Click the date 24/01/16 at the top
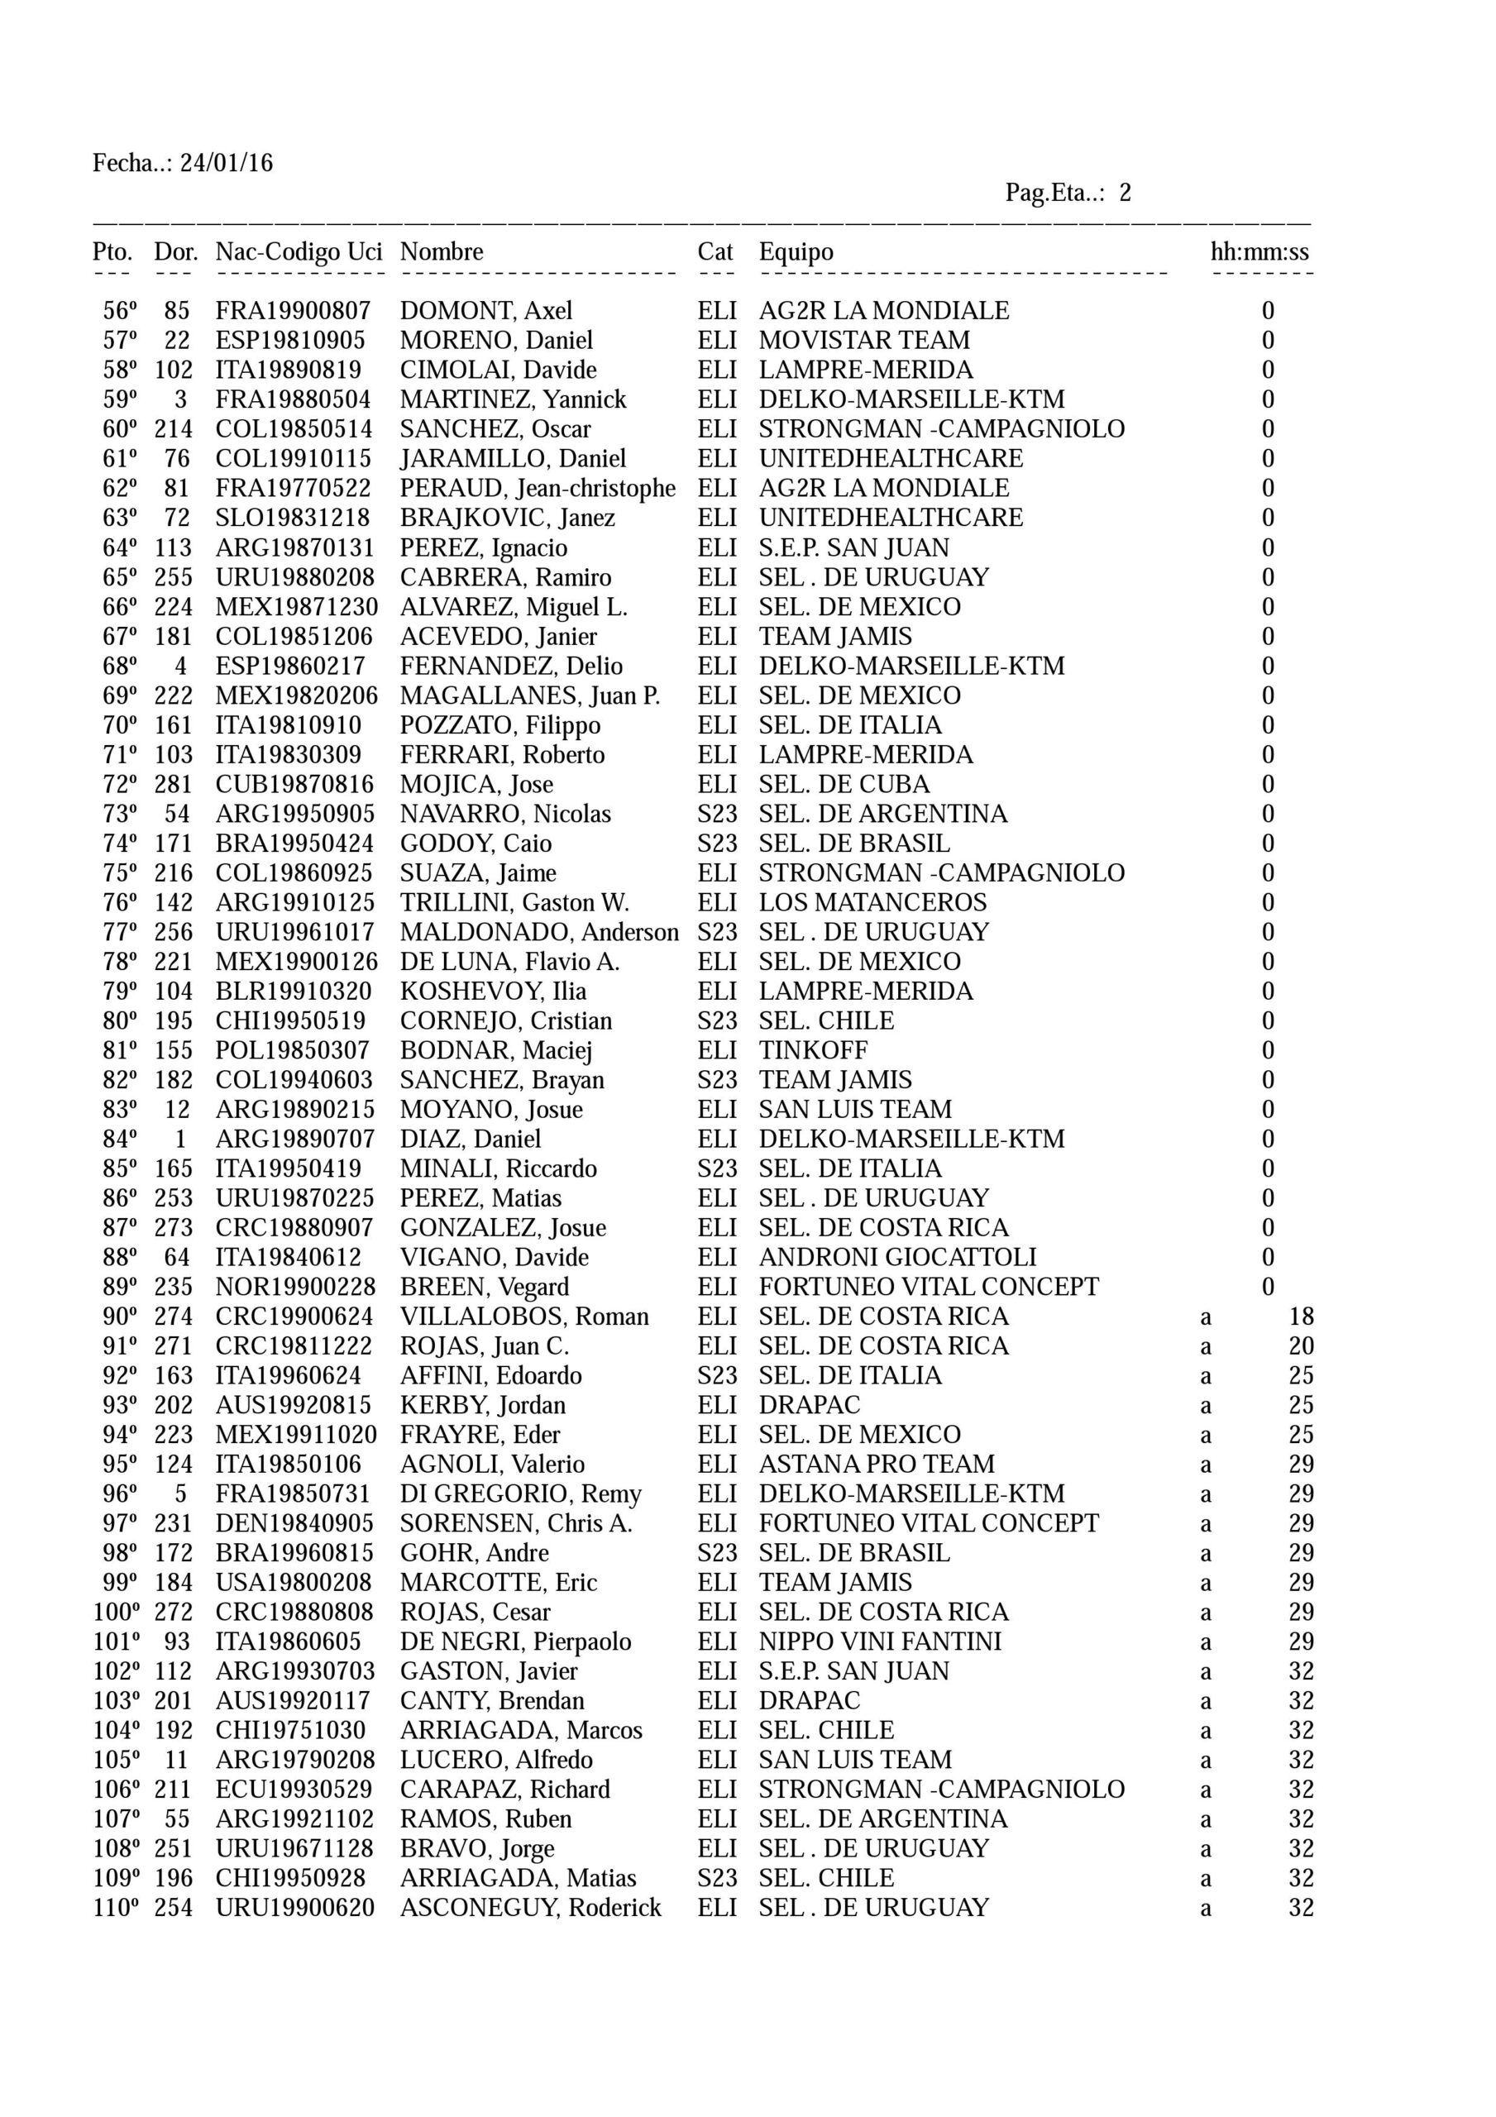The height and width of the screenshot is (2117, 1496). pos(226,164)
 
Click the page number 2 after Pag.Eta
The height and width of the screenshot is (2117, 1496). pos(1125,194)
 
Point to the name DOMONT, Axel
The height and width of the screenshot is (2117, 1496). pos(485,312)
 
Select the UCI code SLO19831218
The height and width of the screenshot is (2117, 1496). pos(293,518)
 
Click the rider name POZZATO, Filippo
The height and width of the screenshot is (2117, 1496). pos(499,725)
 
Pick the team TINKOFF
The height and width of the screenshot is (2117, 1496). pos(813,1051)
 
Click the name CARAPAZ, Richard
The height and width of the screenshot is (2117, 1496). pos(504,1790)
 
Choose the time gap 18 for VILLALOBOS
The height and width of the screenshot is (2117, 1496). pos(1301,1317)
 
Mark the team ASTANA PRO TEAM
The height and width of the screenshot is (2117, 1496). pos(877,1465)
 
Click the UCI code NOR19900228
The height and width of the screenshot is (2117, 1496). pos(295,1288)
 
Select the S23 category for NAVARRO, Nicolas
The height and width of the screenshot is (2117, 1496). pos(717,815)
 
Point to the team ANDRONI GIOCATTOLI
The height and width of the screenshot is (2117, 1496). pos(896,1258)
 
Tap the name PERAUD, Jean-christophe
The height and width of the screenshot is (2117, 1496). pos(537,489)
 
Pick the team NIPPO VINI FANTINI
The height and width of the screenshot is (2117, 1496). pos(879,1642)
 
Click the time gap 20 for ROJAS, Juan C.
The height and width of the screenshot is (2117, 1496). pos(1301,1346)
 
